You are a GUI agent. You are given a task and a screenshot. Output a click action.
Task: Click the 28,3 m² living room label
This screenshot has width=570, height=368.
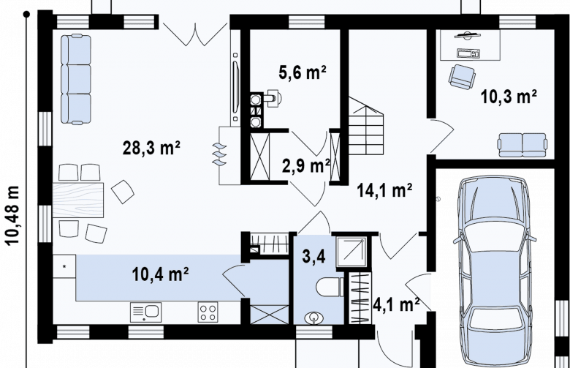pos(151,148)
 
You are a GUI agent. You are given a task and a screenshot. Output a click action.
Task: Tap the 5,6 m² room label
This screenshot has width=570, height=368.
pos(303,73)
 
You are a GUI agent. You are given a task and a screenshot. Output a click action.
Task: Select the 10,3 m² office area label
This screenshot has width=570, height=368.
pos(509,97)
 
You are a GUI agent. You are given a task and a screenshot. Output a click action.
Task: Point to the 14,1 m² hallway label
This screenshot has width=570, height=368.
pos(384,190)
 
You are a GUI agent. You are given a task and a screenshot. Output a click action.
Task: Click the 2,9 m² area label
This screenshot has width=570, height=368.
pos(306,166)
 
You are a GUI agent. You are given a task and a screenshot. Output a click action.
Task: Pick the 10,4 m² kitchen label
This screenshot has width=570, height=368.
pos(160,274)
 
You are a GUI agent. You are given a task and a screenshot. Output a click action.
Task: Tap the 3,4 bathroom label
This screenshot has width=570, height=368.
pos(313,256)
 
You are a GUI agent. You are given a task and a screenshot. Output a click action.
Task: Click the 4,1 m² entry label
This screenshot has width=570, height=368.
pos(396,304)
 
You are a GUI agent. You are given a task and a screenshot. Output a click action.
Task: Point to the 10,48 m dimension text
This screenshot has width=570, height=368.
pos(12,216)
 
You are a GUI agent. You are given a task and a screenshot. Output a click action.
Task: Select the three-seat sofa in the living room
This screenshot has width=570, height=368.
pos(75,79)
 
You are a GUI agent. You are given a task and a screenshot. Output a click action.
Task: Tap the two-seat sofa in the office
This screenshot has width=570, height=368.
pos(522,145)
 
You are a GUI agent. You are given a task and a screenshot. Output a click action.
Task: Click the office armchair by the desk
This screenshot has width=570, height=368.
pos(462,77)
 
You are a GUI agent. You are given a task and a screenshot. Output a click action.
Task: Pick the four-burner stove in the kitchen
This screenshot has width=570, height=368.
pos(208,312)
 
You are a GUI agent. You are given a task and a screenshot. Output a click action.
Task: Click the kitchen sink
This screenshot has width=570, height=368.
pos(145,312)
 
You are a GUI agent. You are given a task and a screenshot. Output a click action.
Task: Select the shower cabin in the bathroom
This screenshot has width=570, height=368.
pos(351,252)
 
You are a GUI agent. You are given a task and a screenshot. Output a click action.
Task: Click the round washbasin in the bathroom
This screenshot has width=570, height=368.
pos(313,318)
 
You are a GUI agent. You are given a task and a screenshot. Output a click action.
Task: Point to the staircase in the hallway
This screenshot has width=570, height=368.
pos(366,126)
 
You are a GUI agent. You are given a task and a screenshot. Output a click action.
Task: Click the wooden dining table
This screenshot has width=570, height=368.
pos(78,200)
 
